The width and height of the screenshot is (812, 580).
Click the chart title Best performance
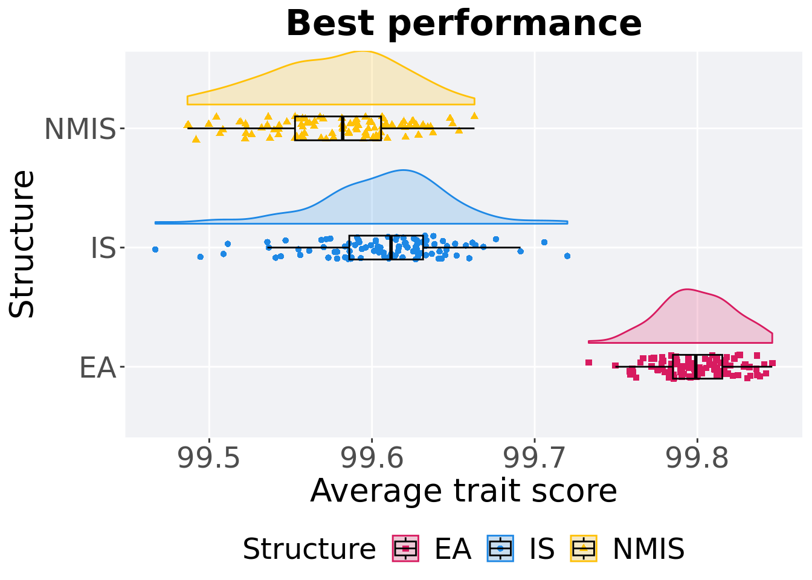coord(463,24)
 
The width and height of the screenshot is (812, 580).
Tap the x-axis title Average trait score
coord(463,491)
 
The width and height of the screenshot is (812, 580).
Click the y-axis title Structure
coord(23,244)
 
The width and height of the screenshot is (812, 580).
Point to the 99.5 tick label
coord(209,459)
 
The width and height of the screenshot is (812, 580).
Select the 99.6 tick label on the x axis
coord(372,459)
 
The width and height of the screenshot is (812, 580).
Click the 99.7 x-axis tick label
coord(534,459)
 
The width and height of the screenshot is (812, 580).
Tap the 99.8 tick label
coord(697,459)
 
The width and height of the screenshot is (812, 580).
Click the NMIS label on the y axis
coord(80,129)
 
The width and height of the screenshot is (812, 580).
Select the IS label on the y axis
coord(103,248)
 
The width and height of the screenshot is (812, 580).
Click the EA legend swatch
coord(405,549)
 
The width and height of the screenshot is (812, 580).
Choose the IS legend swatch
coord(500,549)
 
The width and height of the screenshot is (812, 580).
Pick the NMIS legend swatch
coord(584,549)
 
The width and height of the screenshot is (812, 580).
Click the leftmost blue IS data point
coord(155,249)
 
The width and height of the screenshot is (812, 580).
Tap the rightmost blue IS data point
coord(567,256)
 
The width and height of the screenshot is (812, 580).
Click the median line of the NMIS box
coord(343,128)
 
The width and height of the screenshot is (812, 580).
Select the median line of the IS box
coord(391,248)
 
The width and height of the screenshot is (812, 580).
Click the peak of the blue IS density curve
coord(403,170)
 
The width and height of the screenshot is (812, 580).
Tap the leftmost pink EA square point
coord(588,362)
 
